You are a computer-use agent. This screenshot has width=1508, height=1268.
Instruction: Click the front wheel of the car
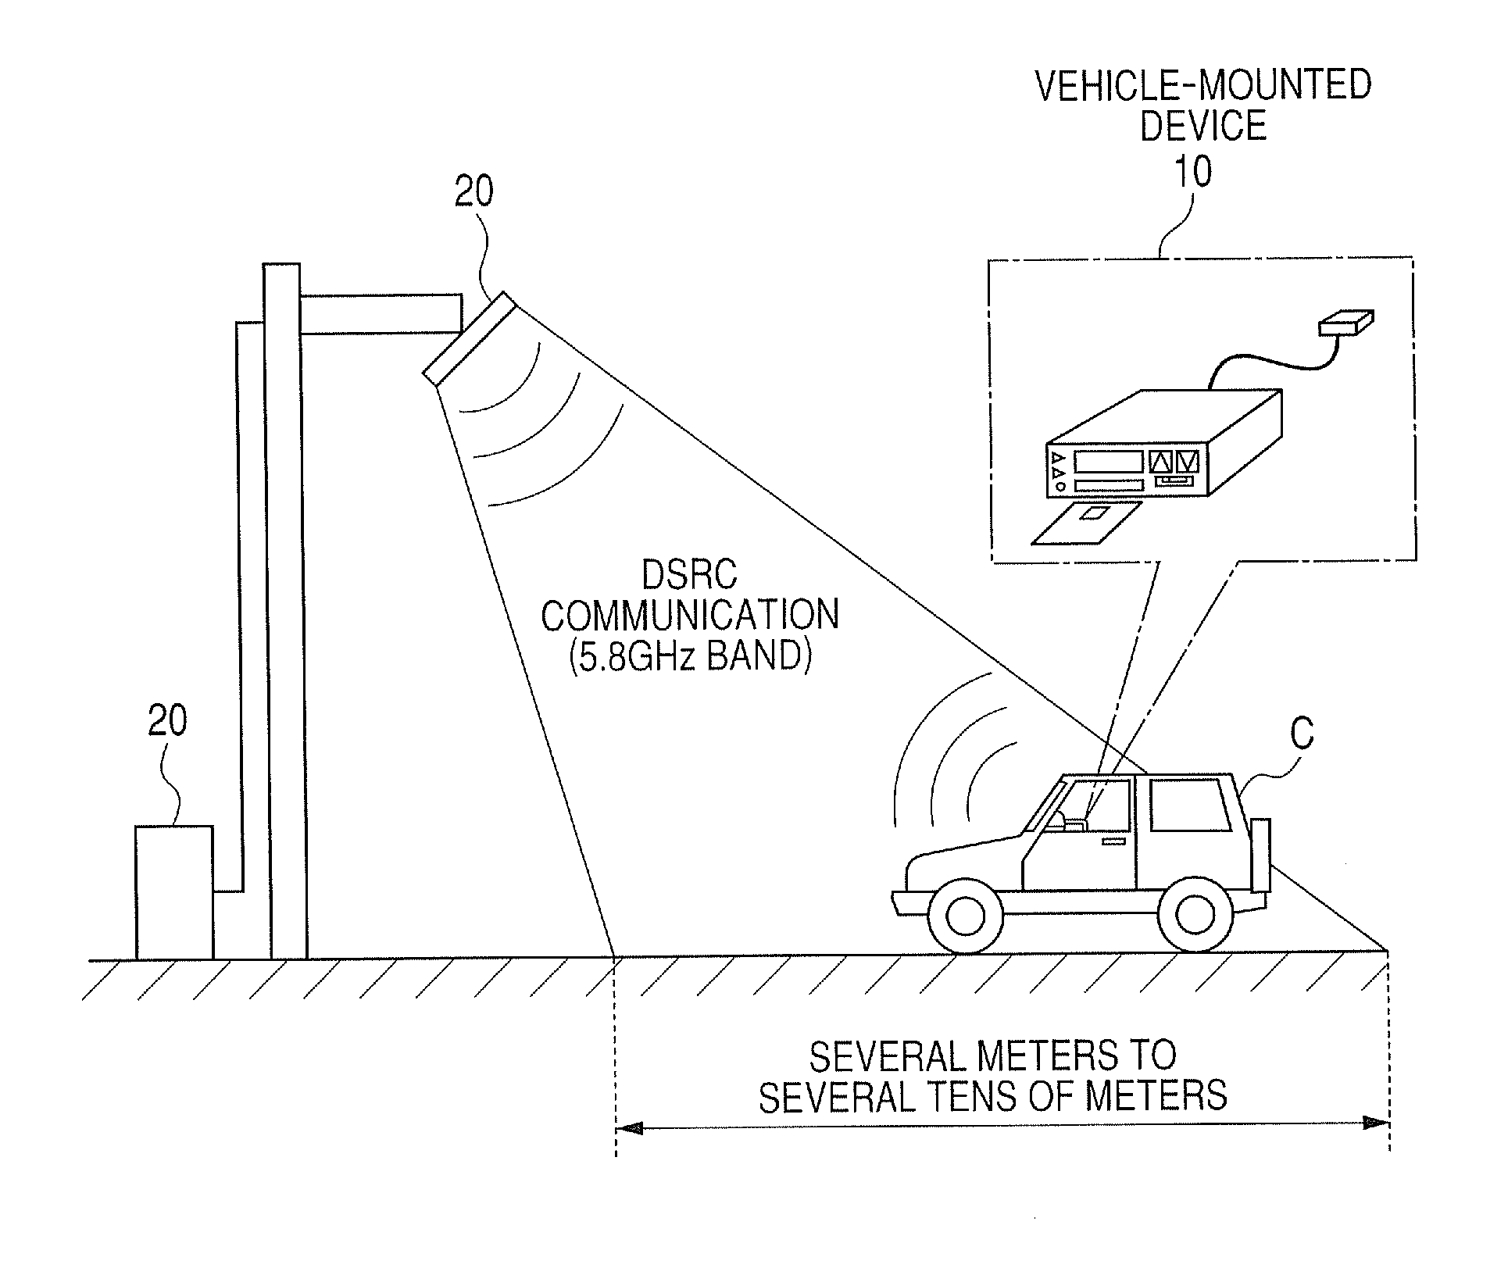click(966, 914)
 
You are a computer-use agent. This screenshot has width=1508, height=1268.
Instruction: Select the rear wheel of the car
click(1195, 914)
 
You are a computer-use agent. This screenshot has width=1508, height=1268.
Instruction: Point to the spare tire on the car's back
click(1260, 855)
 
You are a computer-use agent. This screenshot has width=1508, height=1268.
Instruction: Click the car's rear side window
click(1190, 805)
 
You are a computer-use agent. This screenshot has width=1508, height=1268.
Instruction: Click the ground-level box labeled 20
click(174, 892)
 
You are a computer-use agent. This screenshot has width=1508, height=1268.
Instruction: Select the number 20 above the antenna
click(474, 192)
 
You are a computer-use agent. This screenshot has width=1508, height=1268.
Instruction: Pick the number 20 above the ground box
click(167, 721)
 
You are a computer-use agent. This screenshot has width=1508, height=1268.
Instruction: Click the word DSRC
click(689, 576)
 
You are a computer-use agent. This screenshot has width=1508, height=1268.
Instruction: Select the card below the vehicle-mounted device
click(1086, 523)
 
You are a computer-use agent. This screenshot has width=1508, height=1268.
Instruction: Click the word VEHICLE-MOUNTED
click(1203, 85)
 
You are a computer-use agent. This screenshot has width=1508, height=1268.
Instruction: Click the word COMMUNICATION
click(690, 616)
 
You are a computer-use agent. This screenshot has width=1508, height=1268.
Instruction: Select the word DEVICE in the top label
click(1203, 127)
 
